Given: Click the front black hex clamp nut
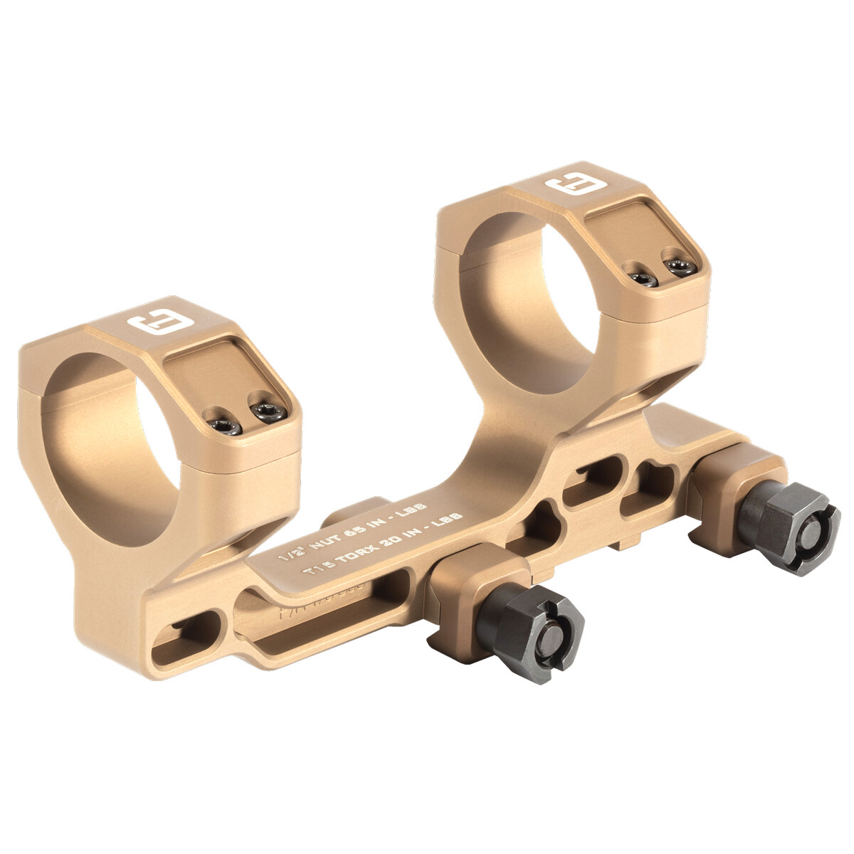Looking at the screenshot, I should (529, 631).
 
